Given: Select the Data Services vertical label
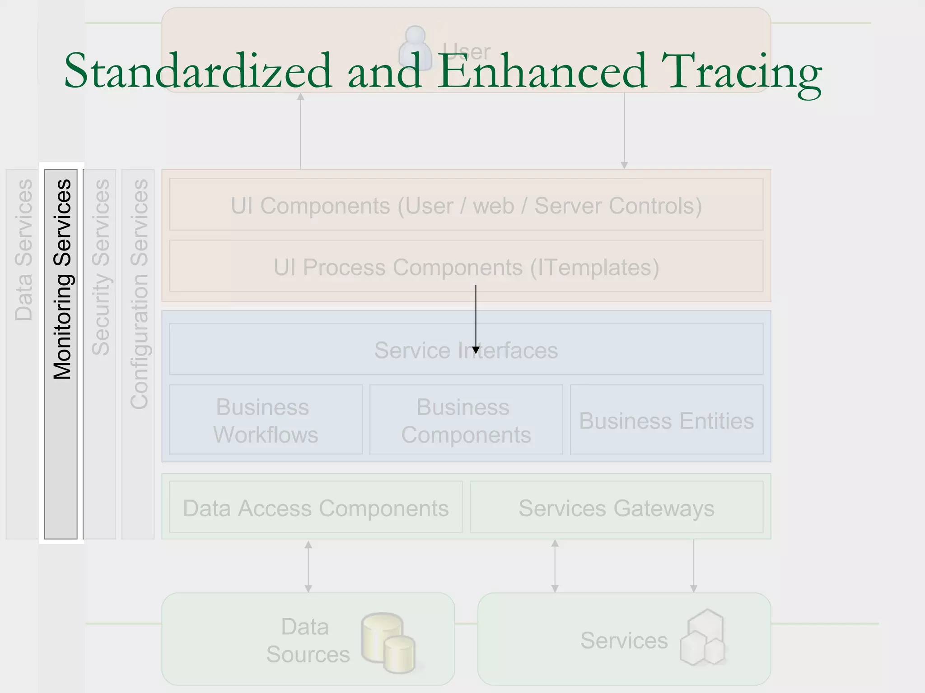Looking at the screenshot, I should pos(23,250).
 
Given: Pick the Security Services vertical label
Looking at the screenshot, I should pos(100,267).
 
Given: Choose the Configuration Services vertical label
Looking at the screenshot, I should pos(139,294).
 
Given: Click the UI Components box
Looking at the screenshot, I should pos(466,205).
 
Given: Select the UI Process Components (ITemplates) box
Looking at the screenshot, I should pos(466,267).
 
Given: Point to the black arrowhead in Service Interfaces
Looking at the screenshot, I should pos(476,350).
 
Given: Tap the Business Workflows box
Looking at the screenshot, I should pos(266,420).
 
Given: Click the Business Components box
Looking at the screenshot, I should pos(466,420).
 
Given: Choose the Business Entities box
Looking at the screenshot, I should pos(666,420).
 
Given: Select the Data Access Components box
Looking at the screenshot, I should pos(316,508).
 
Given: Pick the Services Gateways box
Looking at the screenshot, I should pos(616,508).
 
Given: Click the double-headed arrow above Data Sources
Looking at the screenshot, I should pos(308,567).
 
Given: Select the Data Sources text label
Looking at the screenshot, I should pos(307,641).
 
